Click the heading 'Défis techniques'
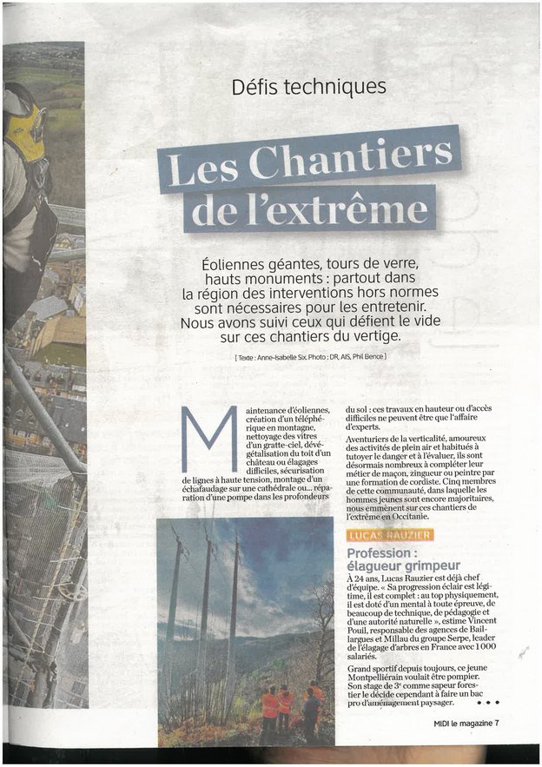[x=308, y=87]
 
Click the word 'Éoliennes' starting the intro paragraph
[x=235, y=261]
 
